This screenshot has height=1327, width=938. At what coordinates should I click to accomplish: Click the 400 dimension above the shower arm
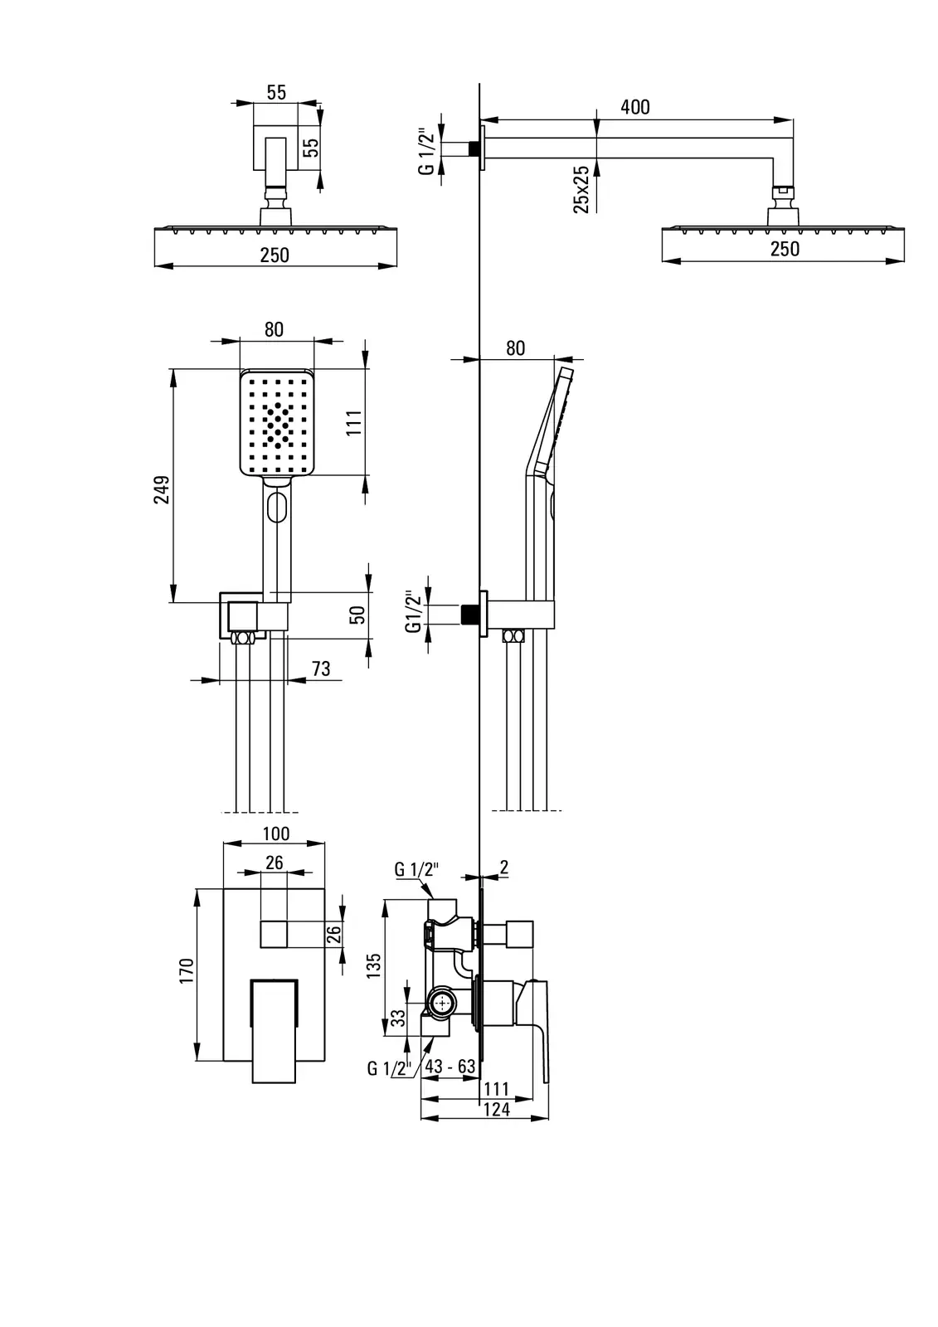[x=635, y=107]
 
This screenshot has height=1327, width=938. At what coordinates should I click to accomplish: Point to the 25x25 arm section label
[x=581, y=189]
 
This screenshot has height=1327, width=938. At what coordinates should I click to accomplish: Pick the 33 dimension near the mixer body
[x=399, y=1018]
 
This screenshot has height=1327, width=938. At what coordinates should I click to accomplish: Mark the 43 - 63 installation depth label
[x=450, y=1067]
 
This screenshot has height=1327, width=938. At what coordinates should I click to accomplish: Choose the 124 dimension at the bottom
[x=496, y=1110]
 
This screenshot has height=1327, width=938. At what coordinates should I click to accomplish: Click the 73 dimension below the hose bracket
[x=320, y=668]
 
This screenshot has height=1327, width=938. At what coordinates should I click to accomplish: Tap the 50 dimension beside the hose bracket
[x=357, y=615]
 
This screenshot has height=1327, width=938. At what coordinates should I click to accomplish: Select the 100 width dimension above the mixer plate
[x=275, y=834]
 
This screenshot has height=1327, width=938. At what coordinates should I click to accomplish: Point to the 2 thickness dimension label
[x=504, y=868]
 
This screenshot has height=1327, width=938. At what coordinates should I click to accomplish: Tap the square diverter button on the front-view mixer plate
[x=274, y=934]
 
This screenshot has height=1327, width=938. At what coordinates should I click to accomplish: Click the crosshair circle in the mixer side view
[x=442, y=1004]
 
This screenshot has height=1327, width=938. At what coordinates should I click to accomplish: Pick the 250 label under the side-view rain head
[x=785, y=249]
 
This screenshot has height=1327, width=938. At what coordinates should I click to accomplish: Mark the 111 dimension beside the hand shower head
[x=354, y=424]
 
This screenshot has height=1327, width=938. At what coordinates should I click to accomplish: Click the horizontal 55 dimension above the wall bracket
[x=276, y=92]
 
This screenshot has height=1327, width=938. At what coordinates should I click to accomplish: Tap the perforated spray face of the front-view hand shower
[x=277, y=424]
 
